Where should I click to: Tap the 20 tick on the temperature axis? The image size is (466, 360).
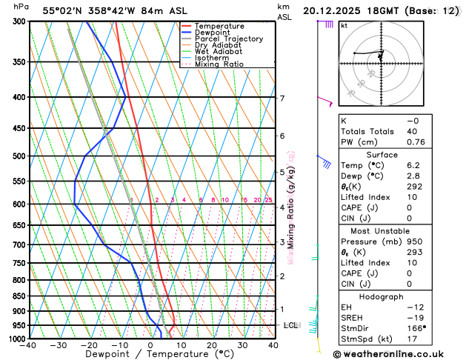tap(212, 345)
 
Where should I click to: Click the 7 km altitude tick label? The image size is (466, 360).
tap(282, 99)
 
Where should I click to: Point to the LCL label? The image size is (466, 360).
tap(290, 325)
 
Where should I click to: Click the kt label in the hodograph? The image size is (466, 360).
tap(344, 25)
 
